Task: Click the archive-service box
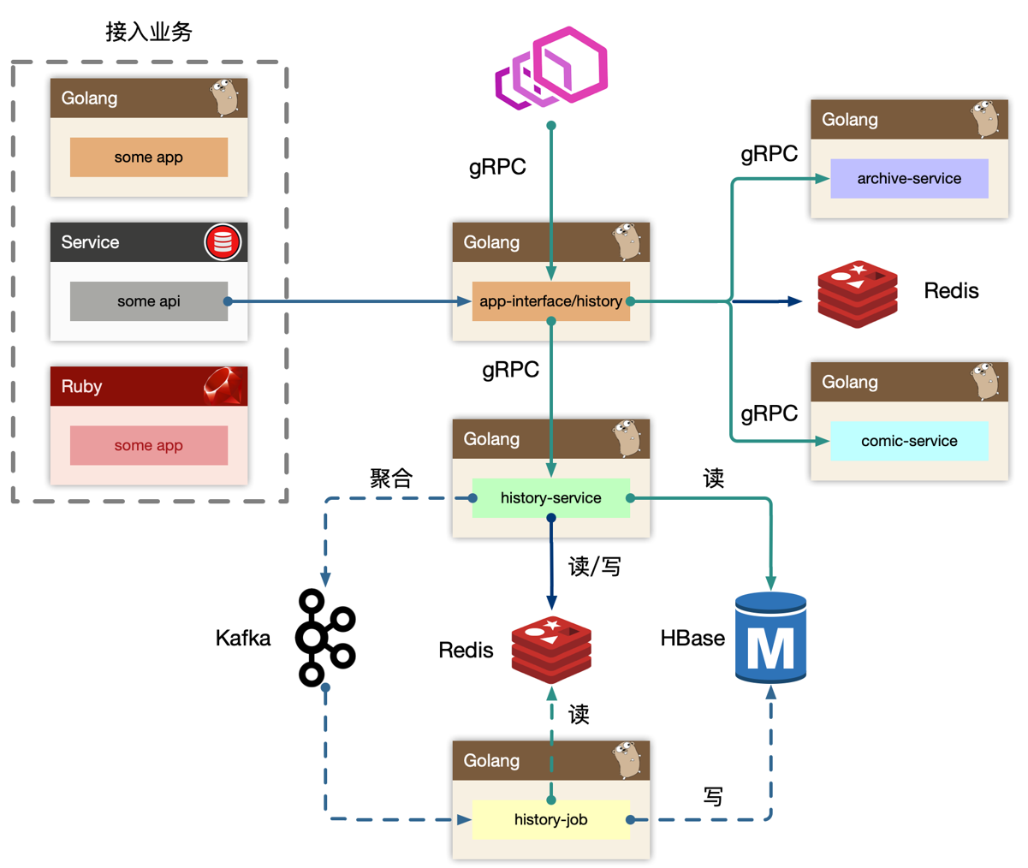(x=909, y=179)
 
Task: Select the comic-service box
(x=909, y=441)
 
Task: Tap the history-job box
(x=550, y=819)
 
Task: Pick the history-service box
(x=550, y=497)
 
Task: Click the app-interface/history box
(x=550, y=301)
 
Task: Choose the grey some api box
(x=148, y=301)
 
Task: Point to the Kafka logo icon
(x=324, y=638)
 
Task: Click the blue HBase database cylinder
(x=770, y=638)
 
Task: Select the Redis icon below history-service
(x=551, y=649)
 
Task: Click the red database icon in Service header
(x=223, y=242)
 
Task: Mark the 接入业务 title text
(x=149, y=32)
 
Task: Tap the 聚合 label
(x=391, y=478)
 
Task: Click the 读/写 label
(x=595, y=566)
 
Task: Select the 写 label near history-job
(x=713, y=796)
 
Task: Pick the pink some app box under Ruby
(x=148, y=445)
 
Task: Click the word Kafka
(x=243, y=638)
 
